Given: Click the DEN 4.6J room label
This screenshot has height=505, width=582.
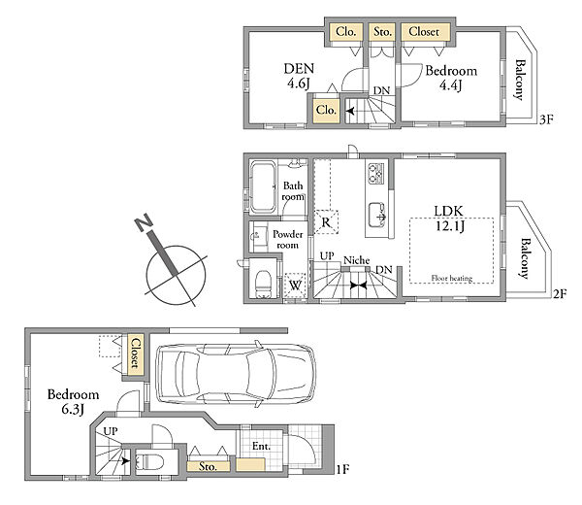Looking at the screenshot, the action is (299, 76).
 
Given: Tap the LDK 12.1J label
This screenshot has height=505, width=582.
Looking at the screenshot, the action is (449, 219).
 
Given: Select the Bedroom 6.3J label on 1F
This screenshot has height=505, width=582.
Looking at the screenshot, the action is (73, 401).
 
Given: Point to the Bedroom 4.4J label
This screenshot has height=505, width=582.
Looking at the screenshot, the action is (451, 78).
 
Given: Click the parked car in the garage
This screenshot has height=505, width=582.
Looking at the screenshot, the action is (236, 374).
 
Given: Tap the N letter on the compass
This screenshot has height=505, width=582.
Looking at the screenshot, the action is (144, 222).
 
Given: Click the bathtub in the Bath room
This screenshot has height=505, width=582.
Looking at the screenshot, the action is (263, 186).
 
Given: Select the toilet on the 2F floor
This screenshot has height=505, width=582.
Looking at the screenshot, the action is (263, 284).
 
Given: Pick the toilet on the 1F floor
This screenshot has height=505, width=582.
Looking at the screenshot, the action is (149, 462).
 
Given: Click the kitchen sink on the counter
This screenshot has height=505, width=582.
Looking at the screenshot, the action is (377, 215).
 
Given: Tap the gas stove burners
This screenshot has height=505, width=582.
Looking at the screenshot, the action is (376, 174).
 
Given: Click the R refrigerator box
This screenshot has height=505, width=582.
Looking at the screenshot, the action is (326, 221).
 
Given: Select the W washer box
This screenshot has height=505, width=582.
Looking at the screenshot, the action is (295, 286).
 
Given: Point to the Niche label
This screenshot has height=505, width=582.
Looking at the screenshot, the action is (356, 260).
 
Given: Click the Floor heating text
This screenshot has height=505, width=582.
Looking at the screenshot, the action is (452, 278).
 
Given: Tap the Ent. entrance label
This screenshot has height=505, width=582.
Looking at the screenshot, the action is (261, 446).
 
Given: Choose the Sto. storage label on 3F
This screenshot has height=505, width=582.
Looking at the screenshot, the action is (383, 32).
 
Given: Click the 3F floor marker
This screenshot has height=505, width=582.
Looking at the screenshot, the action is (546, 119).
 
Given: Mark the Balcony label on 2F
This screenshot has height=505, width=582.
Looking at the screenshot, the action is (525, 258).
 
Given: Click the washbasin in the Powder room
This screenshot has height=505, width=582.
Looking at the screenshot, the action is (258, 235).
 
